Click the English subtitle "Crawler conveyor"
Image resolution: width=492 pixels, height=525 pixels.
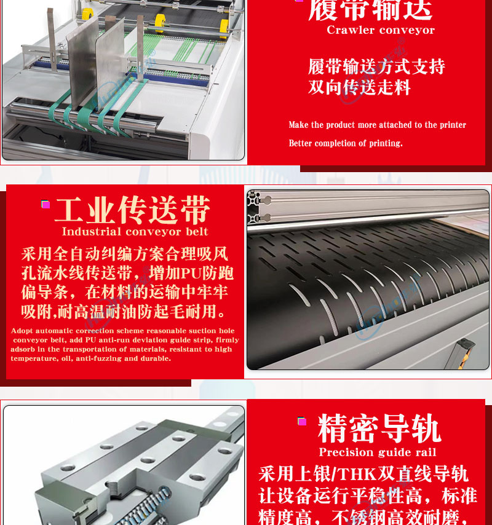381,30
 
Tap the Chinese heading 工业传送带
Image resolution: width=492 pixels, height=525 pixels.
132,210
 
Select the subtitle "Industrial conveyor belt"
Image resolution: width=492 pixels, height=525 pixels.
135,231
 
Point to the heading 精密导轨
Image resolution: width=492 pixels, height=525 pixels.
379,428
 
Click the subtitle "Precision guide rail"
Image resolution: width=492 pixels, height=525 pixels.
378,452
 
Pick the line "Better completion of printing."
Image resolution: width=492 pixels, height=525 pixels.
346,143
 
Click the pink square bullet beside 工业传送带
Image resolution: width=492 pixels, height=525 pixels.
46,204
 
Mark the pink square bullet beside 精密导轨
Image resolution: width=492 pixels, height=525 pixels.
302,421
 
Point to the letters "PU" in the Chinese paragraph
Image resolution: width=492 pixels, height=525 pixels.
191,273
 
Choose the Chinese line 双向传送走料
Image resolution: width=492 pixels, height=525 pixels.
359,87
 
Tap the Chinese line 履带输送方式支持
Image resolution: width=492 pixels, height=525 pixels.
376,66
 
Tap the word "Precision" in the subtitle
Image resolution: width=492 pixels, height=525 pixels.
341,452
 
